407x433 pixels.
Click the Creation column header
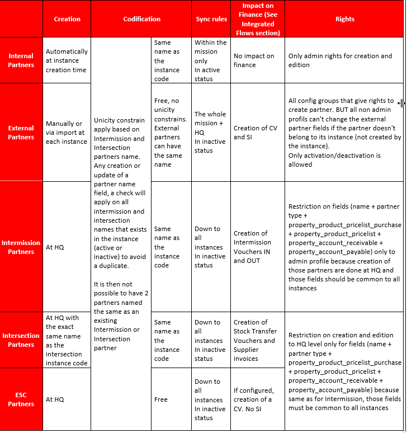point(67,19)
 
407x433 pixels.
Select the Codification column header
point(141,19)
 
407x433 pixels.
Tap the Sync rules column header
point(211,19)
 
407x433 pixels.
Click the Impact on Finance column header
point(258,19)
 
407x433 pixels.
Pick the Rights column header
point(345,19)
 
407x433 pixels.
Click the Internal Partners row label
point(21,60)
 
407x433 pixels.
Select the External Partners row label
point(21,133)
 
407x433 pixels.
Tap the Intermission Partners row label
point(21,247)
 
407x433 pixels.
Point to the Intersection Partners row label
point(21,340)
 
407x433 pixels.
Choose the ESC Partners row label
point(21,399)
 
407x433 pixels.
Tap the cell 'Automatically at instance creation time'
point(67,60)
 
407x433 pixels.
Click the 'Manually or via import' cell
point(67,133)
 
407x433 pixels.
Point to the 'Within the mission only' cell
point(210,60)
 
